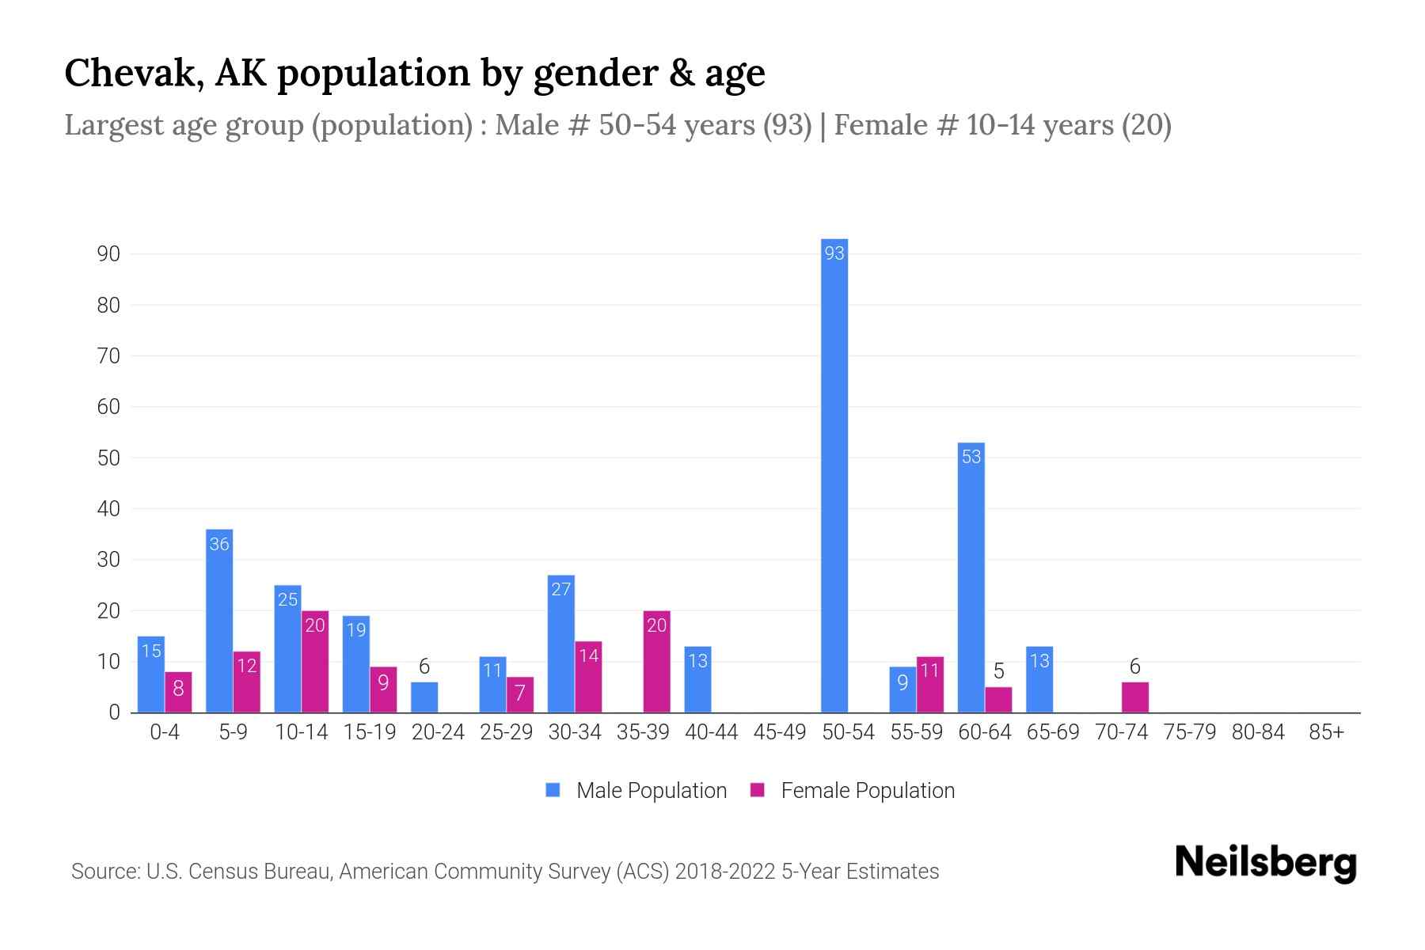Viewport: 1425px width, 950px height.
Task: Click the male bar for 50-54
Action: tap(834, 475)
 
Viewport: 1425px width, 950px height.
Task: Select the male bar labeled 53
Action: tap(971, 578)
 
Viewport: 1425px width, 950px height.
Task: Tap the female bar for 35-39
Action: tap(656, 662)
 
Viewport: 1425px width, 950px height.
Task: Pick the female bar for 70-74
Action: tap(1134, 697)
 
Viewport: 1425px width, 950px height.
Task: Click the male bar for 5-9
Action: tap(219, 621)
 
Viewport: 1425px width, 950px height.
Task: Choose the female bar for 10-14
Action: tap(315, 662)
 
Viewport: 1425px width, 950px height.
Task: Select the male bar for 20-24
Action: tap(424, 697)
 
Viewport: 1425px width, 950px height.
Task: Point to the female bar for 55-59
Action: tap(930, 685)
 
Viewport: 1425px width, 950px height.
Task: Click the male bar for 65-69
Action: tap(1039, 679)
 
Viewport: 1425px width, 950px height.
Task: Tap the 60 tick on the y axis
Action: tap(108, 407)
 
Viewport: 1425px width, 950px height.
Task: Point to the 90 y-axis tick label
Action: tap(108, 254)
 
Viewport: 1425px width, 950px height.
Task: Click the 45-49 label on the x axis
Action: tap(779, 732)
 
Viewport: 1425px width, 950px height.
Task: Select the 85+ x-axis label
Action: tap(1326, 732)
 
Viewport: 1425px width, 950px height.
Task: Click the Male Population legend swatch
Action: tap(553, 790)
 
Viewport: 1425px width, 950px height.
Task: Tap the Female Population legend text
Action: tap(868, 791)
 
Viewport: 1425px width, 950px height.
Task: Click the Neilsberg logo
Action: tap(1265, 863)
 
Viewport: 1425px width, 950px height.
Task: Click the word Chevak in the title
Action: tap(125, 73)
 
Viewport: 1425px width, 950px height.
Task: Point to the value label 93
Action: tap(834, 253)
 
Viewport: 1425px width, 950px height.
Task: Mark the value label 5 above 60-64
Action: tap(998, 671)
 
